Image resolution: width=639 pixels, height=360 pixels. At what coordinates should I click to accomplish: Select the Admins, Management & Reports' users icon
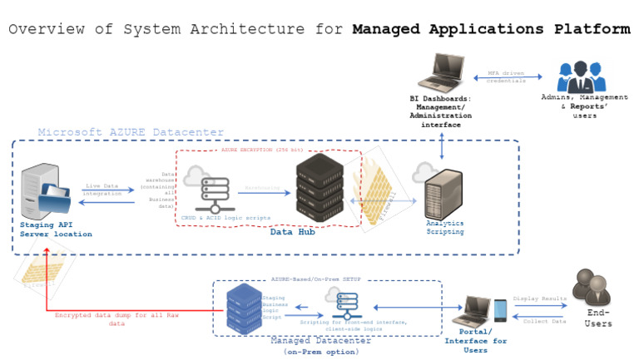[582, 76]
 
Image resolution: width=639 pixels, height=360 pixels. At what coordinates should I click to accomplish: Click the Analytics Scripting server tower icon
[442, 193]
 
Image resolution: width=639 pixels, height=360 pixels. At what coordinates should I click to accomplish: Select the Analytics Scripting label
[445, 227]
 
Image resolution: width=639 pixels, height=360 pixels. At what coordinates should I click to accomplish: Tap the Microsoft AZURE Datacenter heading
[131, 132]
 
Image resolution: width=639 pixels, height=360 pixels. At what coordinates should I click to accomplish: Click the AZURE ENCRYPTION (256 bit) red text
[268, 150]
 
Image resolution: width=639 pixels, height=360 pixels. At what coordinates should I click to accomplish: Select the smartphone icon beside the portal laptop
[500, 310]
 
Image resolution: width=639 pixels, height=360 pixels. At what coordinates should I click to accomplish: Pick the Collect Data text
[544, 321]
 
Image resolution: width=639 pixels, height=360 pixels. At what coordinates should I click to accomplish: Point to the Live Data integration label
[102, 190]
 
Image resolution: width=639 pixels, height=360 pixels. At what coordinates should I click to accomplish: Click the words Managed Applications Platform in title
[491, 29]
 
